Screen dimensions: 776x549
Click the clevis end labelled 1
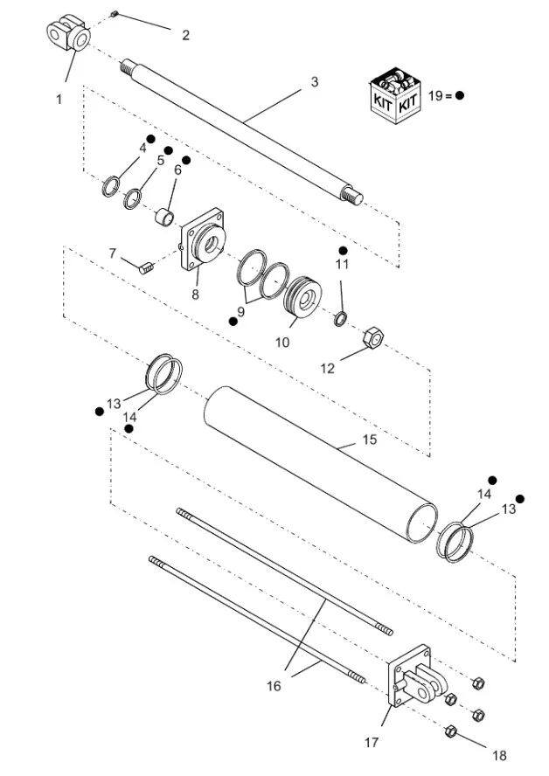click(x=68, y=37)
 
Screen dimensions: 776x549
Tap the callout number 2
click(x=184, y=35)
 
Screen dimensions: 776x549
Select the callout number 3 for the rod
click(x=314, y=82)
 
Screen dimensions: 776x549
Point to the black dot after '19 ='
click(x=459, y=96)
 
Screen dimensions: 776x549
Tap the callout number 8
click(x=196, y=294)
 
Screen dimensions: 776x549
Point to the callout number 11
click(x=343, y=263)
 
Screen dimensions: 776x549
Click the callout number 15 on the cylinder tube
click(x=370, y=440)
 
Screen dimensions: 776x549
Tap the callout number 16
click(x=274, y=686)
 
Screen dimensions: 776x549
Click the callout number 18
click(x=499, y=755)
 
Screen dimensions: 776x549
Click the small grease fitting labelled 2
click(x=115, y=14)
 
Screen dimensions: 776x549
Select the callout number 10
click(x=282, y=343)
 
